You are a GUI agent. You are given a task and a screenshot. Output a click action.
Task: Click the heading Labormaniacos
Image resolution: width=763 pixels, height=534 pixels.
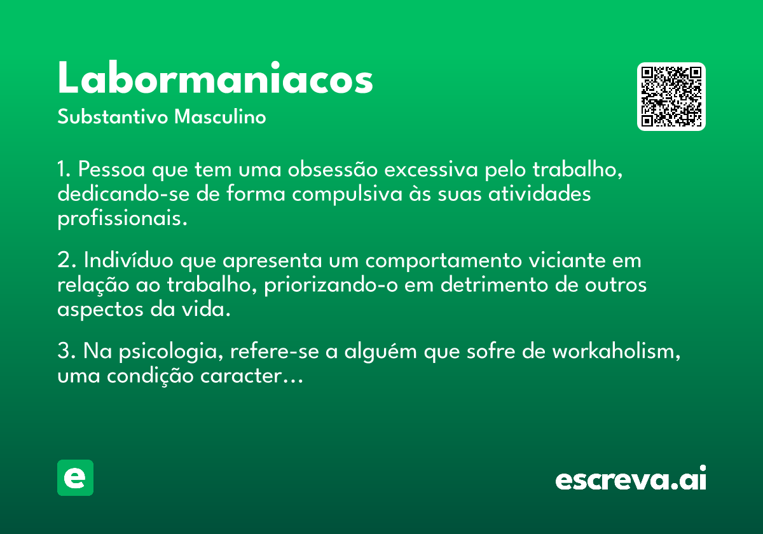[216, 78]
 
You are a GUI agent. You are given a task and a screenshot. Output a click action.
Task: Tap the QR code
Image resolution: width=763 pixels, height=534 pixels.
[671, 97]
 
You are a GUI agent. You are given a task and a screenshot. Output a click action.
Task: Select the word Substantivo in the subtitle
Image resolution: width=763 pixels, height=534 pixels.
[113, 117]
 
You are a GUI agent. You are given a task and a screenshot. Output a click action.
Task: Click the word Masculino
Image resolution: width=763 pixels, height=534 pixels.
[220, 117]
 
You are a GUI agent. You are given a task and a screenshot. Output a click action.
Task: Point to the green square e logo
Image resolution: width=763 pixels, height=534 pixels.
[75, 477]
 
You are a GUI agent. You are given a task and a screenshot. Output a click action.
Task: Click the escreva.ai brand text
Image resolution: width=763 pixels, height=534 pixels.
[631, 478]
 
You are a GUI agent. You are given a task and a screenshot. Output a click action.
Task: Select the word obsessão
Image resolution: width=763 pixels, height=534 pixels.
[333, 169]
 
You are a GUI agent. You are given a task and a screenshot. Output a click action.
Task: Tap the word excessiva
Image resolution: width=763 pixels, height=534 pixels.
[431, 169]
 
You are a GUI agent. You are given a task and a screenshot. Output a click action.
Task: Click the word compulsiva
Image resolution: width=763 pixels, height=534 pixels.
[347, 195]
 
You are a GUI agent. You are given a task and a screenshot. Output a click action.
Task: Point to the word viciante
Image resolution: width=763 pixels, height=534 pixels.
[567, 261]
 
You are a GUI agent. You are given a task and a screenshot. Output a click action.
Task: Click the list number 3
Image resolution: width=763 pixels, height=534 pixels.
[64, 352]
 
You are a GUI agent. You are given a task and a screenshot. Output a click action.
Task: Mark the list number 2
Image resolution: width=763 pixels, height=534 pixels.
[64, 261]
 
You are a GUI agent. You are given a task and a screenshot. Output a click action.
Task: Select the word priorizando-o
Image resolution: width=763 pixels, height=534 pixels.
[331, 285]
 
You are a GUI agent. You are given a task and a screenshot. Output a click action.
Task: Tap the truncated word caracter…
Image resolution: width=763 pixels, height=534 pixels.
[251, 376]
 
